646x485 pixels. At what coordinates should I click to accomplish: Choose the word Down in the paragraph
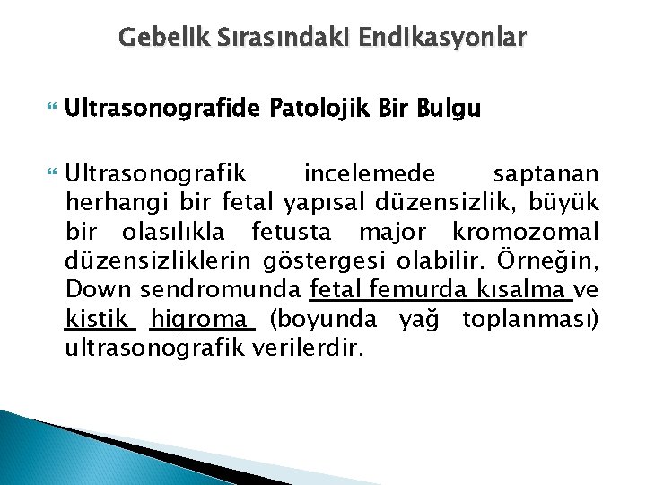tap(93, 290)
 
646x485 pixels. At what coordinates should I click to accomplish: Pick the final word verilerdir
tap(310, 348)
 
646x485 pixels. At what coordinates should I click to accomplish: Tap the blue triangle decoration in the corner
tap(54, 449)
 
